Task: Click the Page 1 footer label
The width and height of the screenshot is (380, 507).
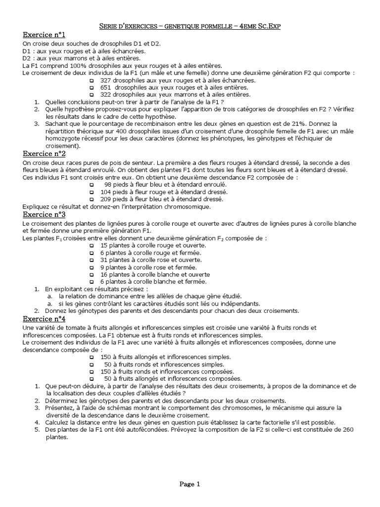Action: point(190,484)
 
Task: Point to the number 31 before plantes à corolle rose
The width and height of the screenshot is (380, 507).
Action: point(104,260)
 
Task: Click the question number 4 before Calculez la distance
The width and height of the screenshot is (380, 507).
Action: point(37,422)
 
